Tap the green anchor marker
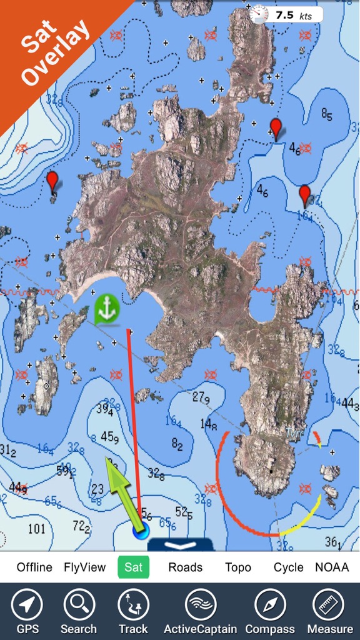point(107,309)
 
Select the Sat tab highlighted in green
point(134,567)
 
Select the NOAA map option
point(331,567)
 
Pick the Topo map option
point(238,567)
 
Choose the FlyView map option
point(85,567)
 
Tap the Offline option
point(34,567)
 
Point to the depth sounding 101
point(37,529)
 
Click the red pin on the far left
point(52,181)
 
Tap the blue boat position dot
point(141,532)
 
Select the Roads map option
point(186,567)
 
